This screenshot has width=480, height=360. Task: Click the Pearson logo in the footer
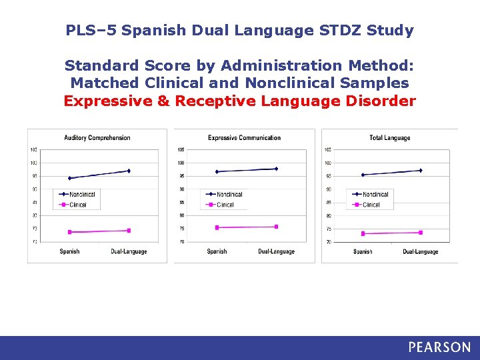click(x=439, y=347)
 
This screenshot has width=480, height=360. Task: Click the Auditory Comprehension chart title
click(x=97, y=138)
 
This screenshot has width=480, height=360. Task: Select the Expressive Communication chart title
click(x=244, y=138)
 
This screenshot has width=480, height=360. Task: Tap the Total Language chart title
click(x=390, y=138)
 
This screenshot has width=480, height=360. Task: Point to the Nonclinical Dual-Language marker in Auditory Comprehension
click(x=129, y=171)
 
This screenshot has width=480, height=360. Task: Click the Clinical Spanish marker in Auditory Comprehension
click(x=69, y=232)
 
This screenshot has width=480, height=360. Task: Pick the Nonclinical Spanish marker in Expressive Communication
click(x=217, y=171)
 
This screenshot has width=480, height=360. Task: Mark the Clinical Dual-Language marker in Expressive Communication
click(x=276, y=227)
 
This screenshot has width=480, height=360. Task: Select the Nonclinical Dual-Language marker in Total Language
click(x=421, y=171)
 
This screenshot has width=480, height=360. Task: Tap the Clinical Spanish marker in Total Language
click(x=363, y=233)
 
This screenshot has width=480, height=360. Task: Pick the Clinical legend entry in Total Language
click(x=371, y=205)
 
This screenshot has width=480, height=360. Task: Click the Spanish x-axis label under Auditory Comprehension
click(x=69, y=251)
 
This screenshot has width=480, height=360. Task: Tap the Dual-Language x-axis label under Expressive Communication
click(x=276, y=251)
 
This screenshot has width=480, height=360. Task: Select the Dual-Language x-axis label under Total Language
click(x=421, y=251)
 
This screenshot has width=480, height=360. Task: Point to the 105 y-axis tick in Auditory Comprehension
click(x=33, y=149)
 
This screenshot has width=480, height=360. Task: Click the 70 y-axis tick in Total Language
click(x=327, y=242)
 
